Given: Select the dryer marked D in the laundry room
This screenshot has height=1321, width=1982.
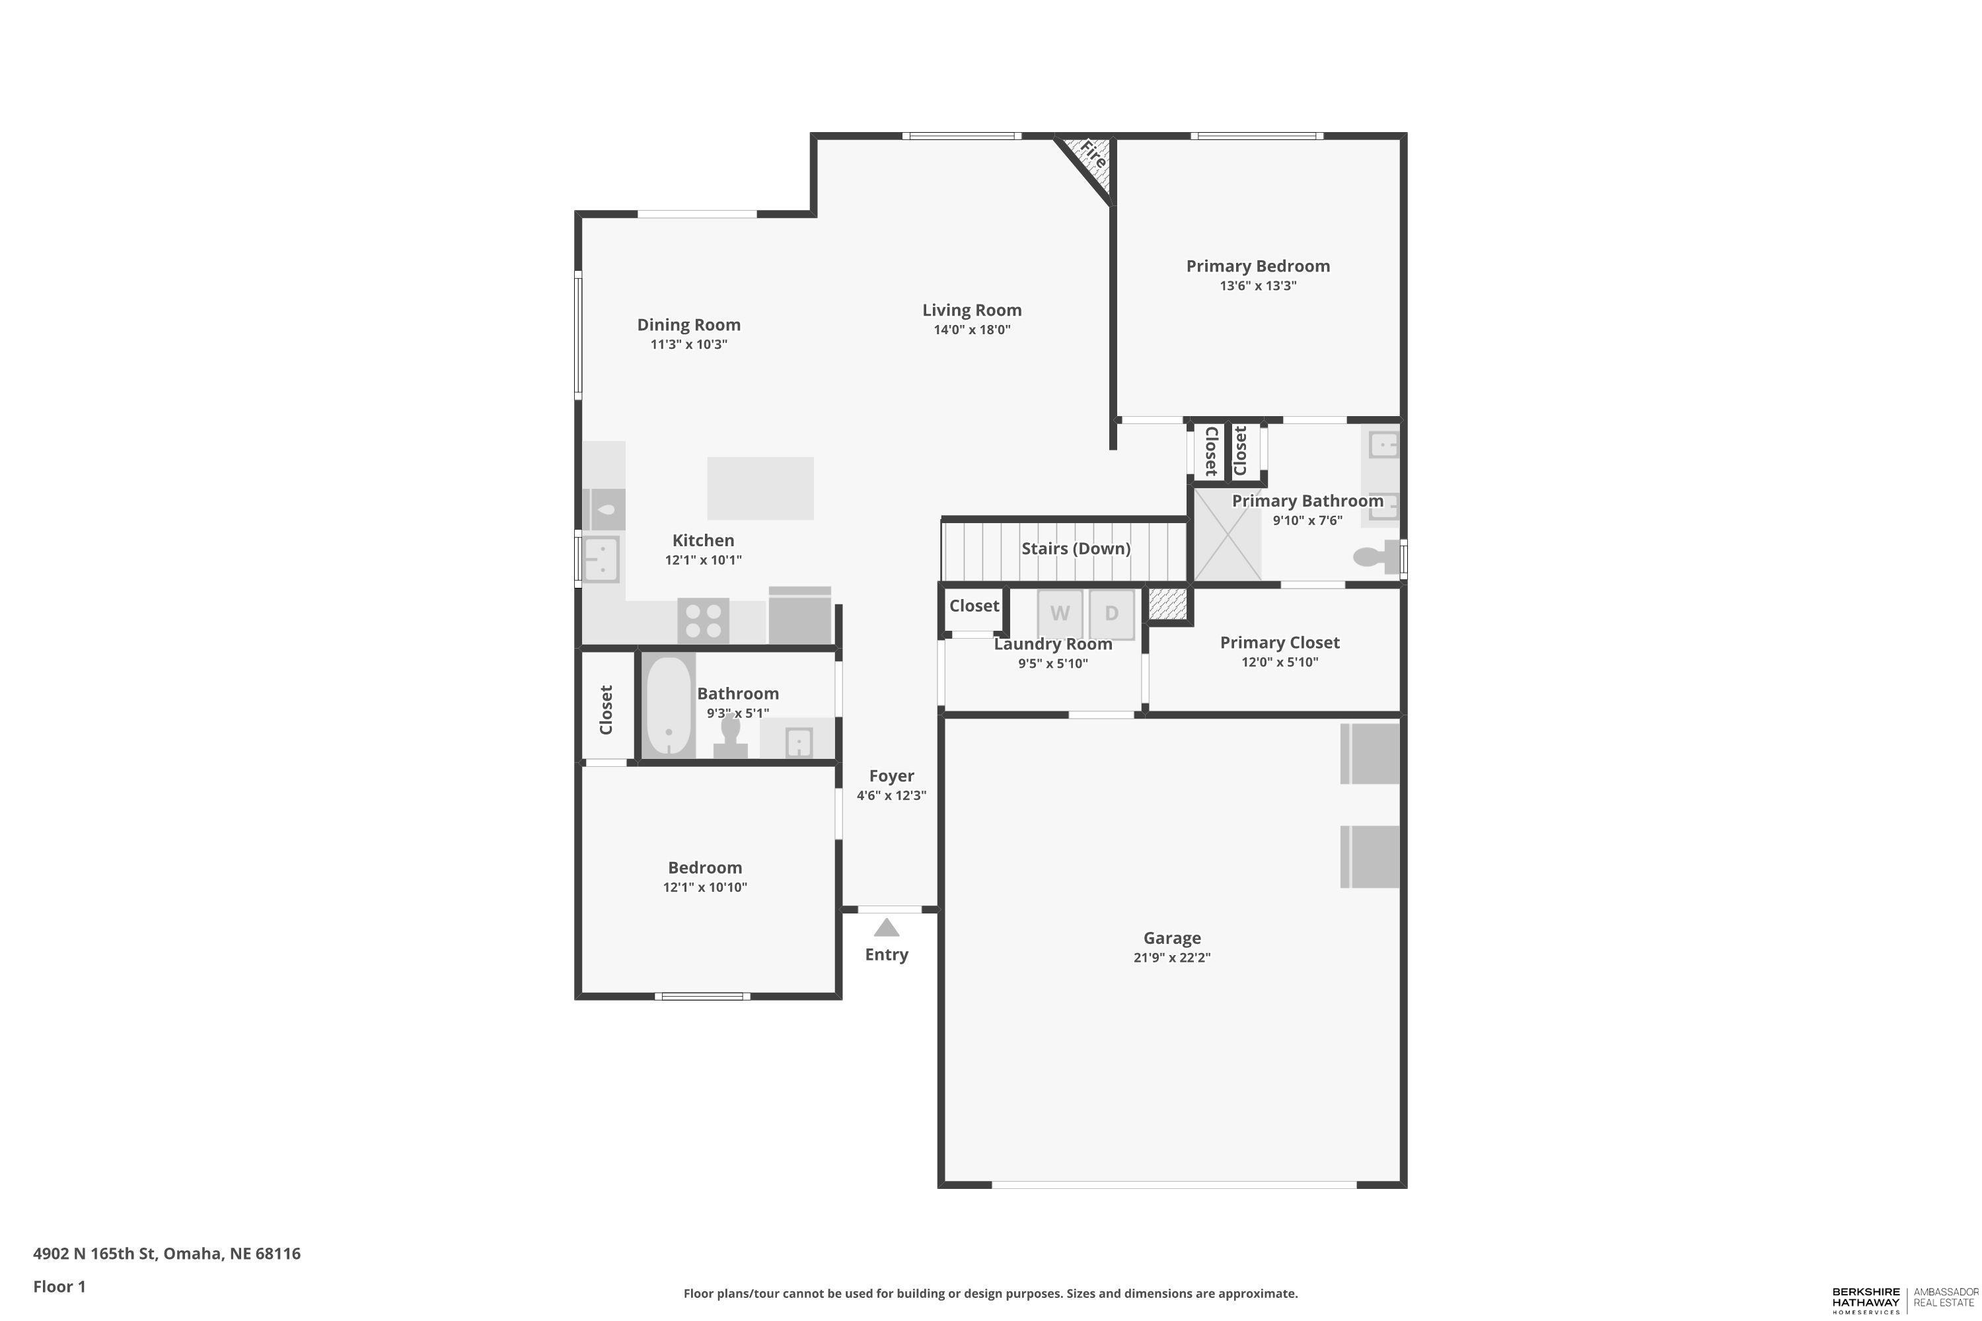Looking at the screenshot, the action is [x=1111, y=614].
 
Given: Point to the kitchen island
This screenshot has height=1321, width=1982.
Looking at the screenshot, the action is [x=760, y=489].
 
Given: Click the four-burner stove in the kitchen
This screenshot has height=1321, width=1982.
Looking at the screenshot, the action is [x=703, y=621].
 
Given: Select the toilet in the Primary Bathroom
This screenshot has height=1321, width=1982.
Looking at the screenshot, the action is [x=1376, y=557].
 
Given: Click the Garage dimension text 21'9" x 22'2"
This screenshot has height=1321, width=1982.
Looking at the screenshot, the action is [x=1171, y=957].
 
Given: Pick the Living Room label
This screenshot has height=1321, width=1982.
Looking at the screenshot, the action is [x=972, y=310].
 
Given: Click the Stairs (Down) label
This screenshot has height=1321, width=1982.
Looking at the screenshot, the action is [x=1076, y=548].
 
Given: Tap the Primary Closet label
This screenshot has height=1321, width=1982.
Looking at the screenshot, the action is [x=1279, y=643].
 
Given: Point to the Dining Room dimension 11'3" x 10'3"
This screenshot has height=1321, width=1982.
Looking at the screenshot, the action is [x=688, y=345].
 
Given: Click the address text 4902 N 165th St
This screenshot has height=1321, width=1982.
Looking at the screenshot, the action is [x=95, y=1254].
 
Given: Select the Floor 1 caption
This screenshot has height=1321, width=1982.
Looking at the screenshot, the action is [x=59, y=1287].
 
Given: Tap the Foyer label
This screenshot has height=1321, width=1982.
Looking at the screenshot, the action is [x=891, y=776].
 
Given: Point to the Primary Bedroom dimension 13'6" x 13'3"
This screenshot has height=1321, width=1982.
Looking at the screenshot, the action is [x=1258, y=285].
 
